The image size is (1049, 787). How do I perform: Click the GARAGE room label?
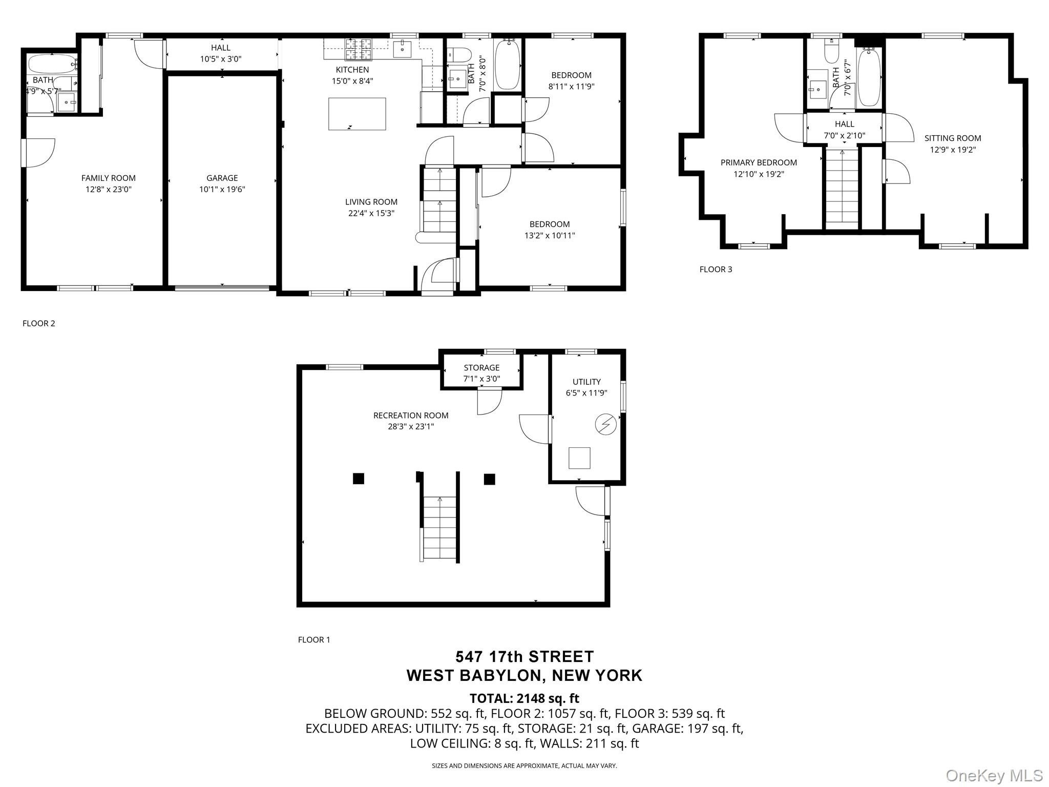coord(222,178)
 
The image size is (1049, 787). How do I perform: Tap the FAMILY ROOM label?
coord(109,178)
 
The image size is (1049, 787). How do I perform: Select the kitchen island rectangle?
coord(357,114)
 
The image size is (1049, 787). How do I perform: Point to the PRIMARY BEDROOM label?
coord(759,162)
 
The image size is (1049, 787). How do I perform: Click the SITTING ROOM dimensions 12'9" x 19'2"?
coord(953,150)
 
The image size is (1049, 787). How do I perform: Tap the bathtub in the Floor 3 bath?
coord(869,77)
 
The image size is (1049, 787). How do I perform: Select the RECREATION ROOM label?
coord(411,415)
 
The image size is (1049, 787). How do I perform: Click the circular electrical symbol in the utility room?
coord(605,424)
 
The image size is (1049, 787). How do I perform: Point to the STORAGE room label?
coord(481,367)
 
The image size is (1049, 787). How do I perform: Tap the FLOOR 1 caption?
coord(314,639)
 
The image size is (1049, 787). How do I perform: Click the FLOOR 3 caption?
coord(716,269)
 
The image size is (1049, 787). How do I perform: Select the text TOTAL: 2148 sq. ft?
coord(524,698)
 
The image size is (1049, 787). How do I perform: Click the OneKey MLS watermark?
coord(994,775)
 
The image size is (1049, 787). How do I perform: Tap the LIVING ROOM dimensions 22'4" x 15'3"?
coord(371,213)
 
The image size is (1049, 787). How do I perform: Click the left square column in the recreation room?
coord(358,479)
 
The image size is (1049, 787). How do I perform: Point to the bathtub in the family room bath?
coord(52,64)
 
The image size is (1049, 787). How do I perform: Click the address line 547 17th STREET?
coord(524,656)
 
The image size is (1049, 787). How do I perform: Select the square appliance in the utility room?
coord(580,458)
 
